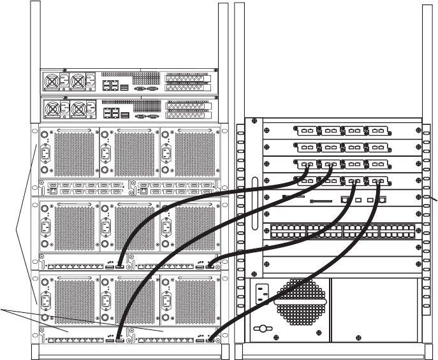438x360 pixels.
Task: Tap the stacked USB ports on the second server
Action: point(125,114)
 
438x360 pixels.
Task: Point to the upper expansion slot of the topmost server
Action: point(188,78)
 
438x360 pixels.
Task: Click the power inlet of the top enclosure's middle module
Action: point(105,154)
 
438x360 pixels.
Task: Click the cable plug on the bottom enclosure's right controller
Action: point(210,341)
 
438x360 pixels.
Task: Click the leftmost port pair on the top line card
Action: point(307,131)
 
